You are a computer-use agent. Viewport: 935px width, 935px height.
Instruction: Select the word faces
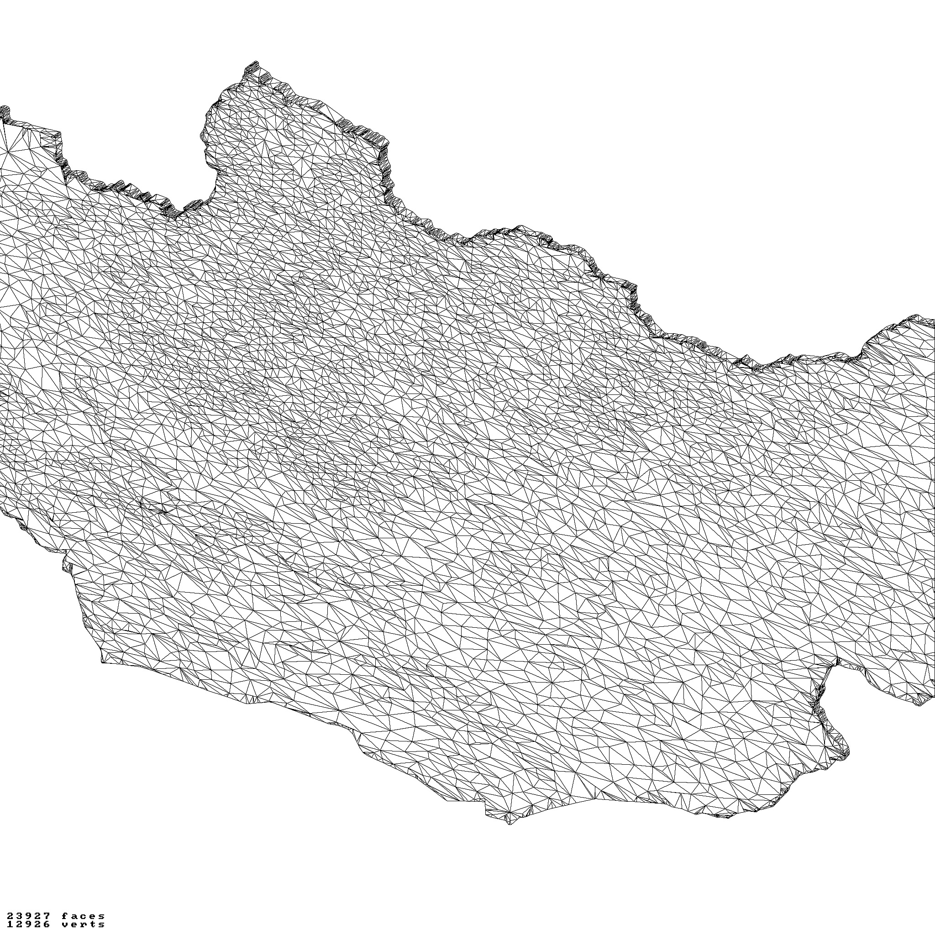click(x=83, y=916)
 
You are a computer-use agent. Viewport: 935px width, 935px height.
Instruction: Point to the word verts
click(x=83, y=924)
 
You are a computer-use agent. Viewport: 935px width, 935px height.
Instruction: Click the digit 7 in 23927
click(x=47, y=916)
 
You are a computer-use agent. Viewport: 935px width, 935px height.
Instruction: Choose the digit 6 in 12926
click(x=47, y=924)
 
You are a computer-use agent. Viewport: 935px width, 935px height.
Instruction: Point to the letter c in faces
click(x=83, y=916)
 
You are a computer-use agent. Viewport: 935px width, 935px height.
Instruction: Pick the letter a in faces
click(x=74, y=916)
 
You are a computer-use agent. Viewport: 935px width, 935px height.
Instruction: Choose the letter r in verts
click(x=83, y=924)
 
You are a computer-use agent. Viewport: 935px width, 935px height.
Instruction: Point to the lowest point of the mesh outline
click(x=509, y=824)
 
